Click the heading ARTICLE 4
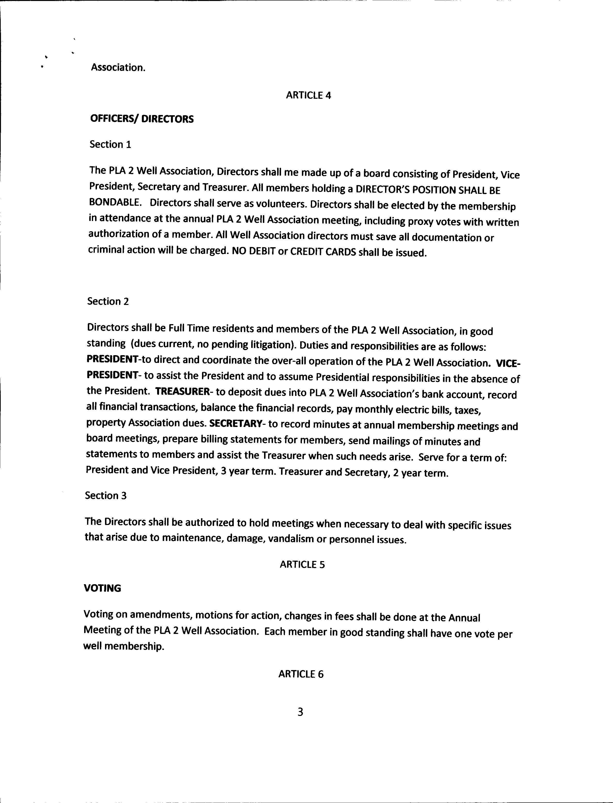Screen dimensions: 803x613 tap(308, 95)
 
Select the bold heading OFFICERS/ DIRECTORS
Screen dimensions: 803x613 tap(142, 119)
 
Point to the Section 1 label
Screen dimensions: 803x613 tap(110, 145)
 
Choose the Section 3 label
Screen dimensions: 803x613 tap(106, 495)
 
